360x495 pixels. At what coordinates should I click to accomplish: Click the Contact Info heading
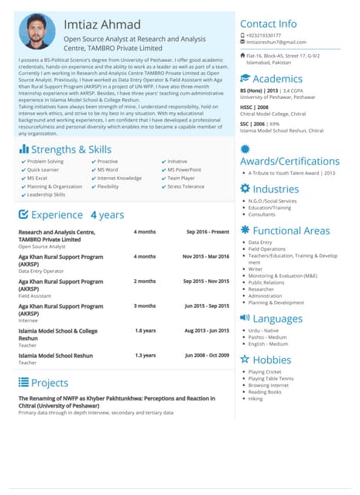tap(268, 23)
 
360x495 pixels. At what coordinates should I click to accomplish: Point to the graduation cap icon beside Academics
tap(245, 79)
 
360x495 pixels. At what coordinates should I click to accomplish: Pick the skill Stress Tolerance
tap(186, 186)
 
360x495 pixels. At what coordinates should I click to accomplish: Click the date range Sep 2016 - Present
tap(207, 232)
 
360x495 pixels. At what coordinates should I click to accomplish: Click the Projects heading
tap(50, 382)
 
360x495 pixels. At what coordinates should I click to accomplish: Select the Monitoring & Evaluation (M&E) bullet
tap(283, 275)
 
